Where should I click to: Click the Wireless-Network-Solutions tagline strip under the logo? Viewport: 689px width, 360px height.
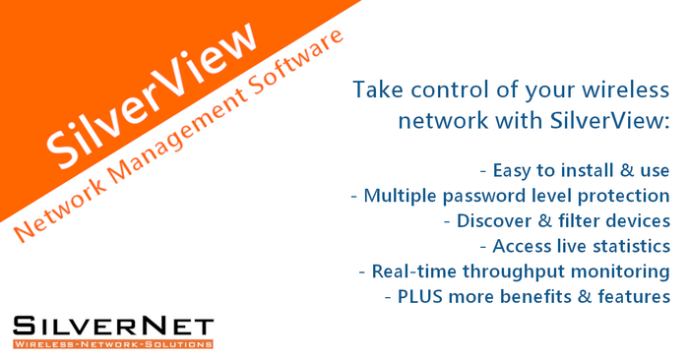[112, 344]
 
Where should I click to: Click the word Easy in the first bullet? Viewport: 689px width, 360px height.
[515, 169]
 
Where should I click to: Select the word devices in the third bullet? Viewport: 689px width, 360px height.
[637, 220]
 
